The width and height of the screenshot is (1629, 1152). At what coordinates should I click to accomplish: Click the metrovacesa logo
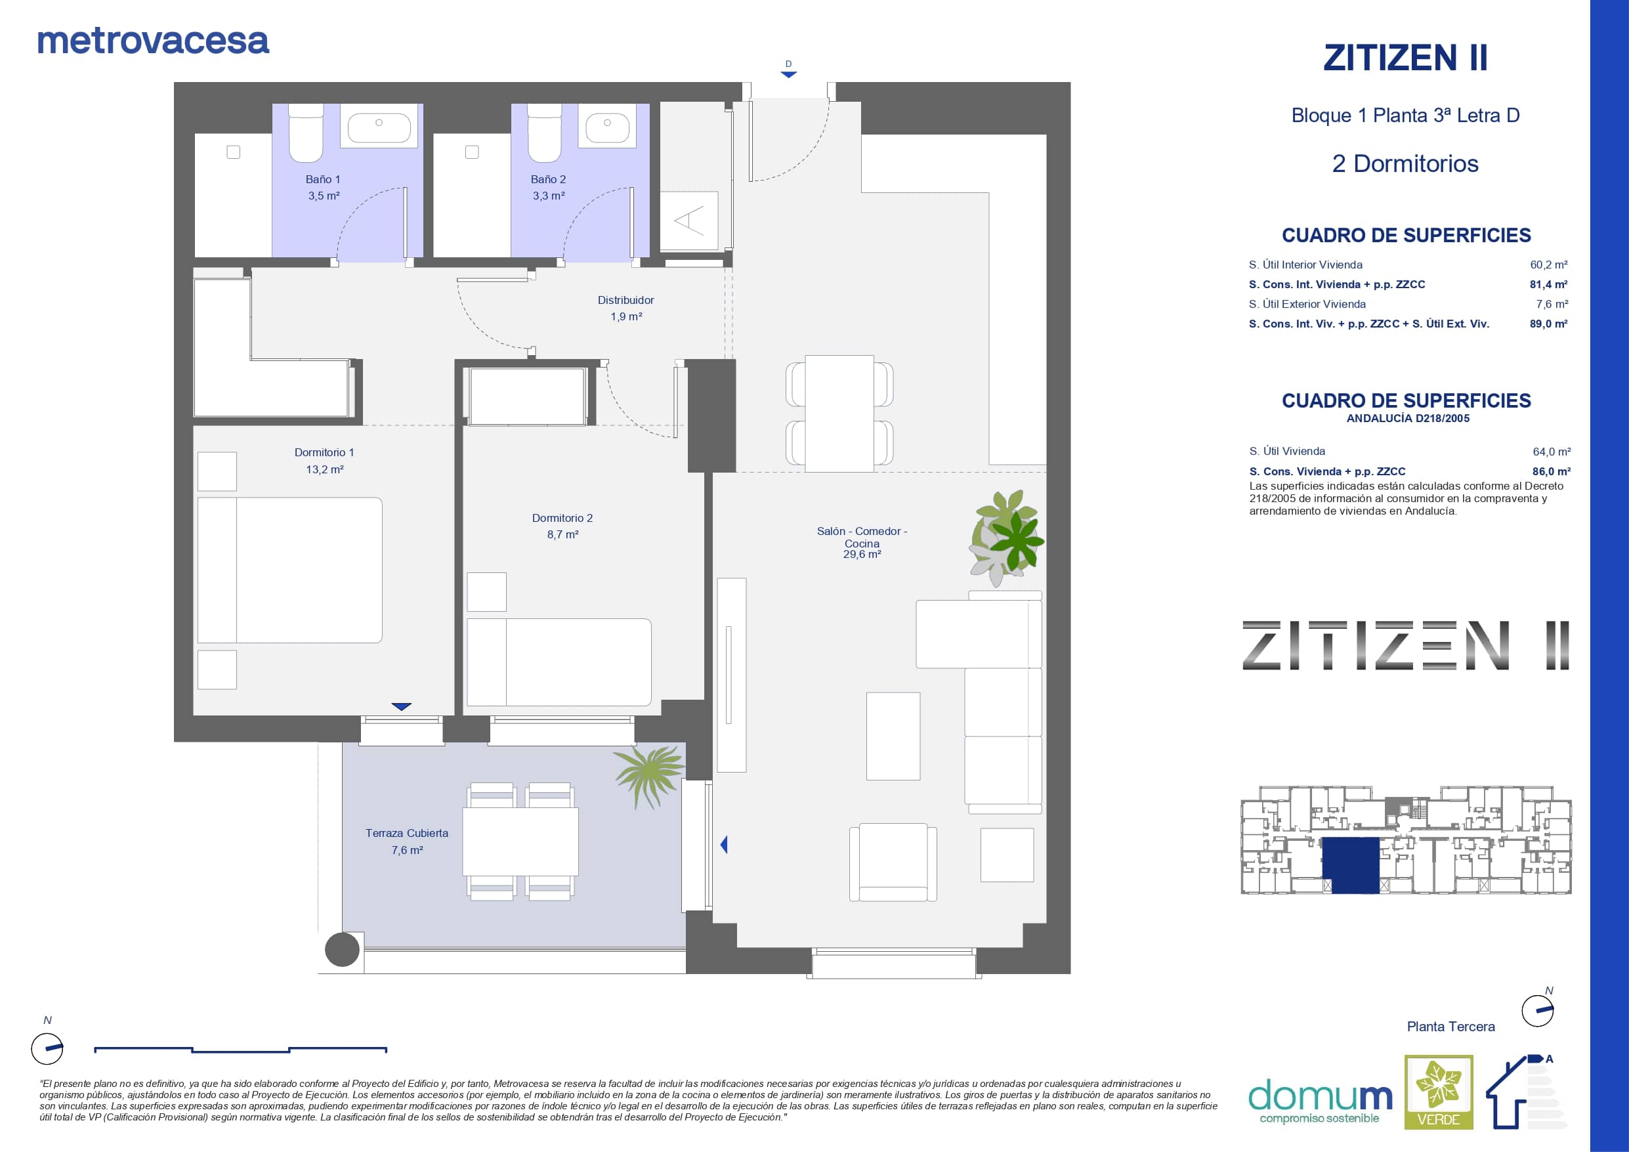click(153, 41)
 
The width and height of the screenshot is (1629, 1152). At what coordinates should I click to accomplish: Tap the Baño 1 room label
click(323, 180)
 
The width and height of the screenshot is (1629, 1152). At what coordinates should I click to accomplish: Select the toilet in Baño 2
click(544, 133)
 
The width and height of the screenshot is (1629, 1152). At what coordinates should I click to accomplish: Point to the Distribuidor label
click(625, 300)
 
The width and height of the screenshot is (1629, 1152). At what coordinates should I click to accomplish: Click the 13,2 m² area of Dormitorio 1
click(325, 469)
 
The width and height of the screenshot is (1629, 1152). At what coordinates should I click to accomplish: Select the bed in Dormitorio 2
click(559, 662)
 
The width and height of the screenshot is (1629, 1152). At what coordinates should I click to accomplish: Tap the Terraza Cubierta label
click(406, 833)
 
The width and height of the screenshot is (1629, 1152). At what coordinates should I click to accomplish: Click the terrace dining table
click(520, 841)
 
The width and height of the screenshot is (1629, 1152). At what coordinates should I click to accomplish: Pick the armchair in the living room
click(893, 863)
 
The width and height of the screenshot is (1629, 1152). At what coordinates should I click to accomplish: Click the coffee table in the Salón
click(893, 736)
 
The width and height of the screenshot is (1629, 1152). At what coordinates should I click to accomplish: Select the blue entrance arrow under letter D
click(788, 74)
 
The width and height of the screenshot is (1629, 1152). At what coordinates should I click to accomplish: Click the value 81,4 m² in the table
click(1548, 285)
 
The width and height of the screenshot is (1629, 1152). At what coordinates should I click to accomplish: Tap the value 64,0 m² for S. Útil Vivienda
click(1552, 452)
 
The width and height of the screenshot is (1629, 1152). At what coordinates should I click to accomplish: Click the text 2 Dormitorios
click(1405, 164)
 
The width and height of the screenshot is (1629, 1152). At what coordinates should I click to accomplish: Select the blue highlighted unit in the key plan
click(1351, 865)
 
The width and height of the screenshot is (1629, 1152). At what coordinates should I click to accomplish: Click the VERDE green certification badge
click(1439, 1092)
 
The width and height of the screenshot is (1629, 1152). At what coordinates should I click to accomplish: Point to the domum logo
click(1320, 1101)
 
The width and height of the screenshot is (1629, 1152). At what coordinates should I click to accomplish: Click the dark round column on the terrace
click(342, 950)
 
